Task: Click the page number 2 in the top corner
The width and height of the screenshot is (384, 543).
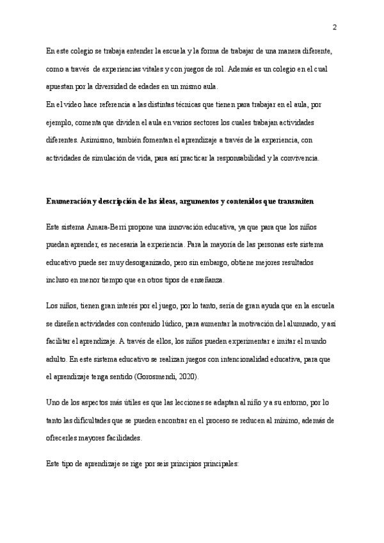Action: tap(334, 27)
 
